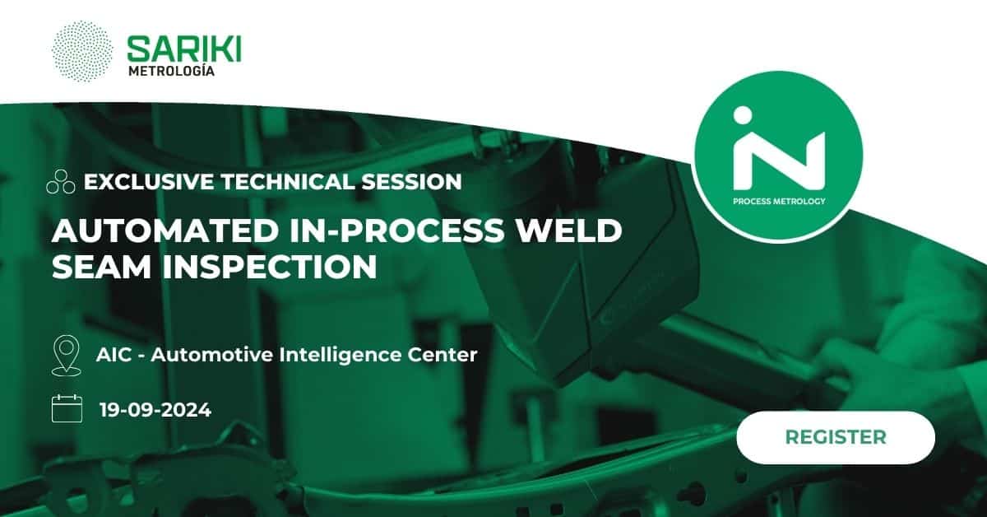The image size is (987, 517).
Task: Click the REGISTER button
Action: tap(836, 437)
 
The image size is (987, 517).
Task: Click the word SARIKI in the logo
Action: tap(184, 49)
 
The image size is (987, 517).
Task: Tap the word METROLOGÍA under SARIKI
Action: tap(171, 71)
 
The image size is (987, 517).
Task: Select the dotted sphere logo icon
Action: tap(82, 51)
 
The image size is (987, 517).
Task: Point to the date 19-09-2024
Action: tap(155, 410)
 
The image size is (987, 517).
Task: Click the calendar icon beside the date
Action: tap(67, 408)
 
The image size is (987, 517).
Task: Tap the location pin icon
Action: tap(66, 356)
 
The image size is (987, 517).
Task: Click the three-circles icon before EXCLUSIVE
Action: tap(61, 181)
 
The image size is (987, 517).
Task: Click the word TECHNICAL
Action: tap(288, 182)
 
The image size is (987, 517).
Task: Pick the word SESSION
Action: tap(411, 182)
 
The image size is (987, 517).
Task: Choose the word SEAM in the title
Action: tap(102, 267)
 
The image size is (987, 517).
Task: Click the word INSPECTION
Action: tap(270, 267)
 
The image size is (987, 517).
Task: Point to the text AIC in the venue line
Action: tap(114, 355)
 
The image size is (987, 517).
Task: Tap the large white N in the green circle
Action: tap(779, 161)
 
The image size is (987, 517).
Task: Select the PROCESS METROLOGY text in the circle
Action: tap(779, 202)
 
